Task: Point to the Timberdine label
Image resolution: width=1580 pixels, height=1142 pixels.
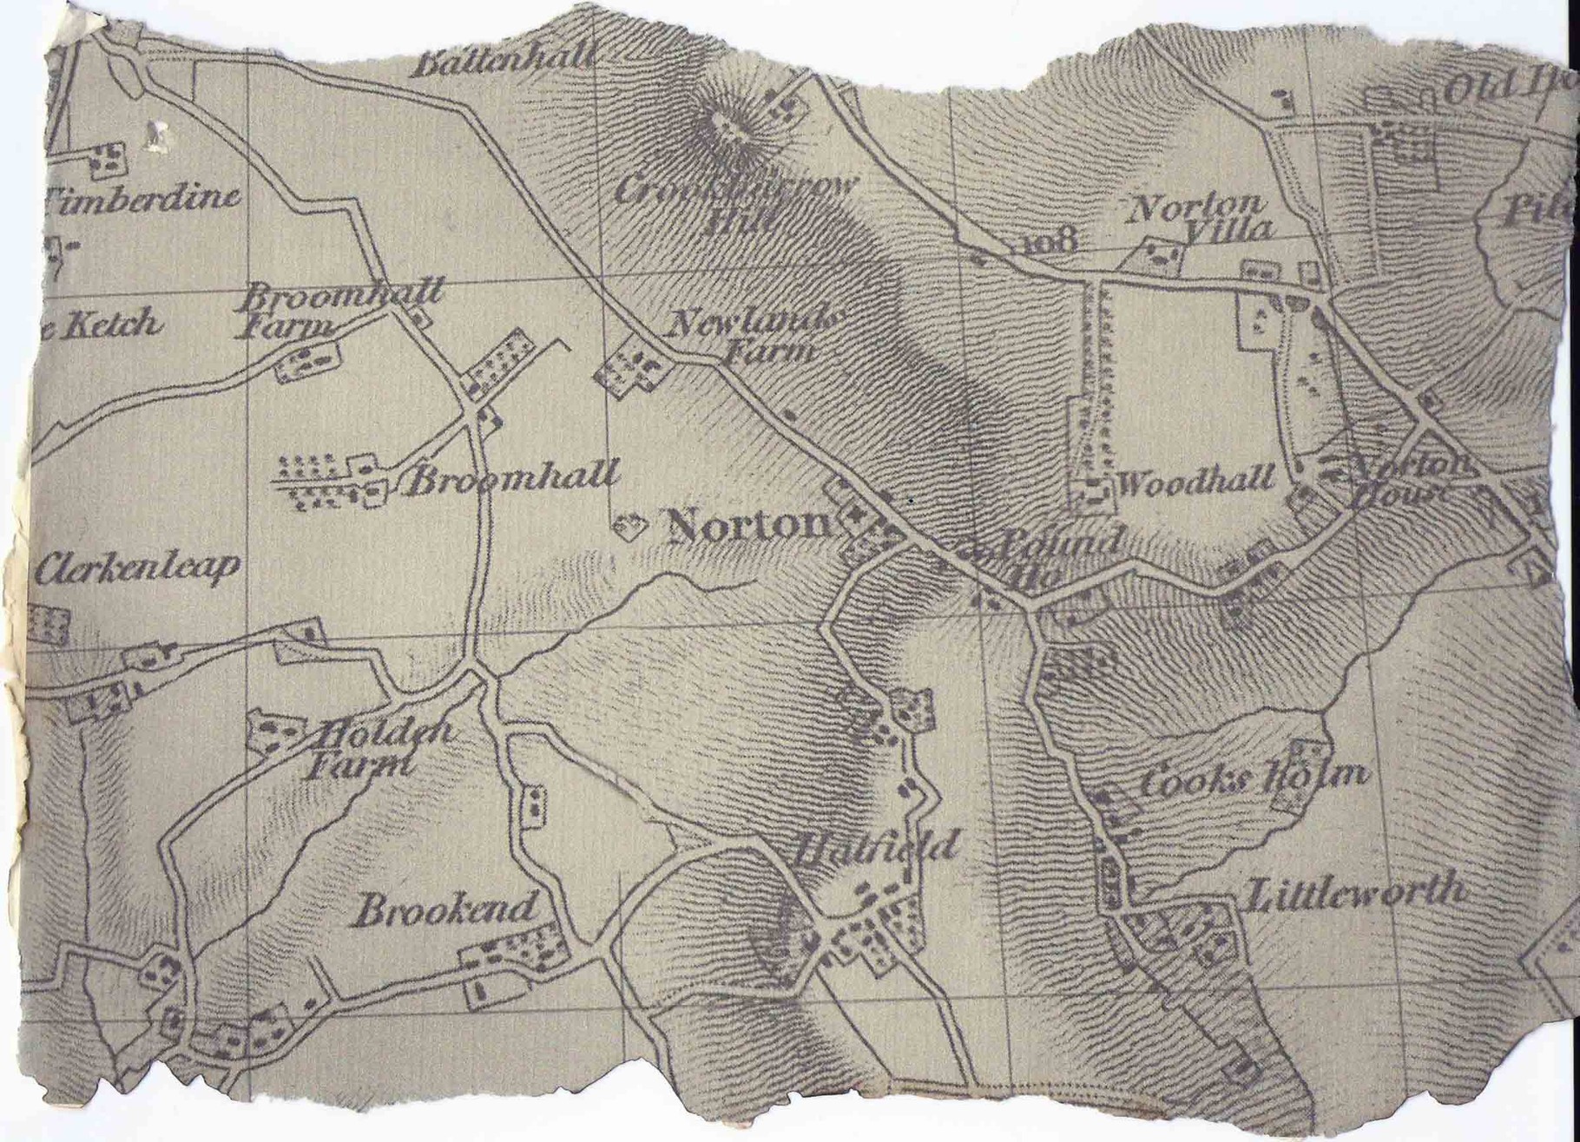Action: point(143,198)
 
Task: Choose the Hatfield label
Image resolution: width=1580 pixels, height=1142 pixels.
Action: point(877,846)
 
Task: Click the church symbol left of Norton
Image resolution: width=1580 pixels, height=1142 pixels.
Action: point(629,526)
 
